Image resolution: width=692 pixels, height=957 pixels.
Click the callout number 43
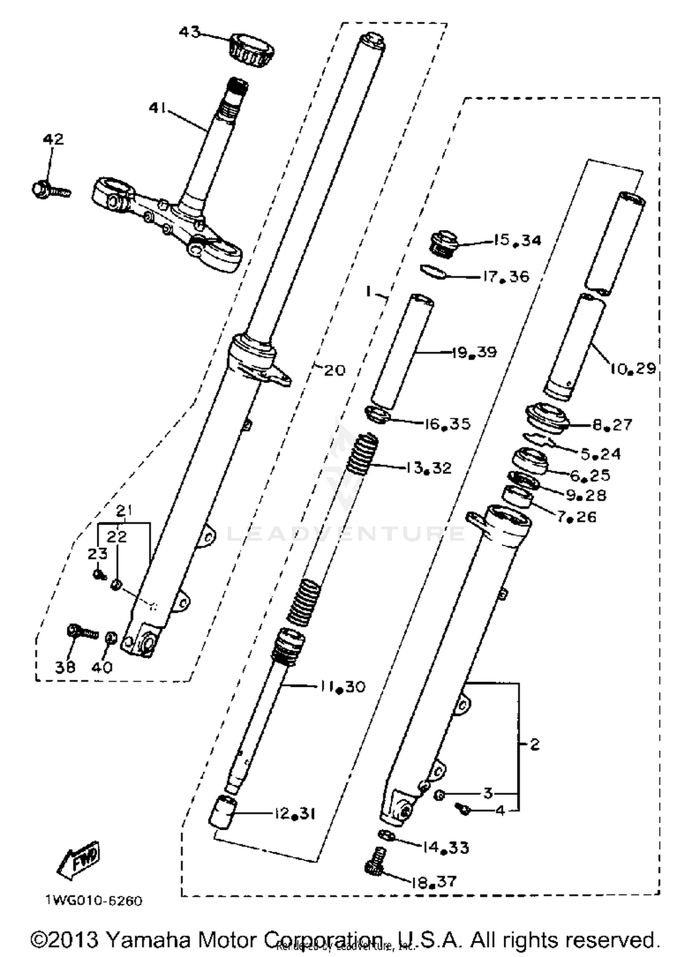tap(190, 33)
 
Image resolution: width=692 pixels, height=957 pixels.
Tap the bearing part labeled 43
tap(252, 50)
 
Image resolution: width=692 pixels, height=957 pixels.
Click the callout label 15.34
tap(517, 240)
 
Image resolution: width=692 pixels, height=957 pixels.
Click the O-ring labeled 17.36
tap(434, 272)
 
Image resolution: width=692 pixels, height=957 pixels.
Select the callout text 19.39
tap(474, 353)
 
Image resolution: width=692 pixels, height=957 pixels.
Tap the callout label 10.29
tap(632, 368)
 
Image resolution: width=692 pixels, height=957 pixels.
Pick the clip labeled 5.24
tap(538, 440)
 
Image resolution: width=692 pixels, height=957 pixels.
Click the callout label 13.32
tap(429, 468)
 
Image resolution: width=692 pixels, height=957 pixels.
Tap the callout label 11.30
tap(342, 686)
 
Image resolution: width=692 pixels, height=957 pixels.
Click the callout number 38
tap(65, 667)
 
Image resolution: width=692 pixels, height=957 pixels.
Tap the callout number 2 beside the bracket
tap(534, 744)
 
